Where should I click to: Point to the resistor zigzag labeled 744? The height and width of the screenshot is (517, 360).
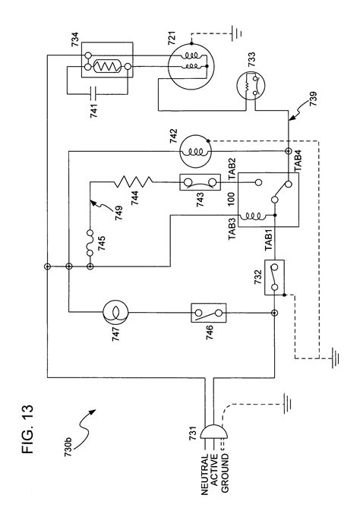point(134,181)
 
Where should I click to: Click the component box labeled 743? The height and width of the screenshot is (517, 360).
point(201,181)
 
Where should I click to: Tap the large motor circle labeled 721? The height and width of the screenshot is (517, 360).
point(185,67)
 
